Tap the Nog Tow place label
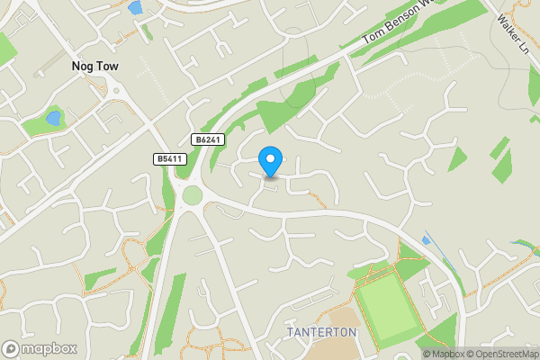point(95,67)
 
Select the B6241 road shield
point(206,139)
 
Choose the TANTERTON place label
point(322,332)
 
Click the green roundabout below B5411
point(193,195)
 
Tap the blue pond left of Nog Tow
point(53,118)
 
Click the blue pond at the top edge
point(135,8)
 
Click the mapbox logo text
point(49,348)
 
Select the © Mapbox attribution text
point(442,354)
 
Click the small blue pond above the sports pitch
point(426,240)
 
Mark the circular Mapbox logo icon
point(11,348)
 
